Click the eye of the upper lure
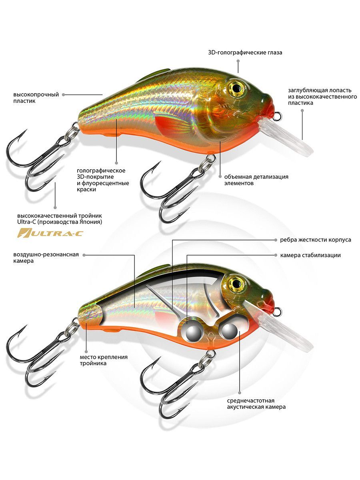(236, 88)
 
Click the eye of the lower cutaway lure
(236, 284)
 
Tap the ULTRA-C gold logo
(50, 233)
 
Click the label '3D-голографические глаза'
(245, 52)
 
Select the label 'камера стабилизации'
(310, 255)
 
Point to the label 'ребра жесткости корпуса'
(316, 240)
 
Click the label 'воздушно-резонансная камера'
(46, 258)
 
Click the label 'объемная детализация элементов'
(256, 180)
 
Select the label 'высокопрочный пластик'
(36, 98)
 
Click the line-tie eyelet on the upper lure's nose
(277, 116)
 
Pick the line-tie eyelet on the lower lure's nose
(277, 312)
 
